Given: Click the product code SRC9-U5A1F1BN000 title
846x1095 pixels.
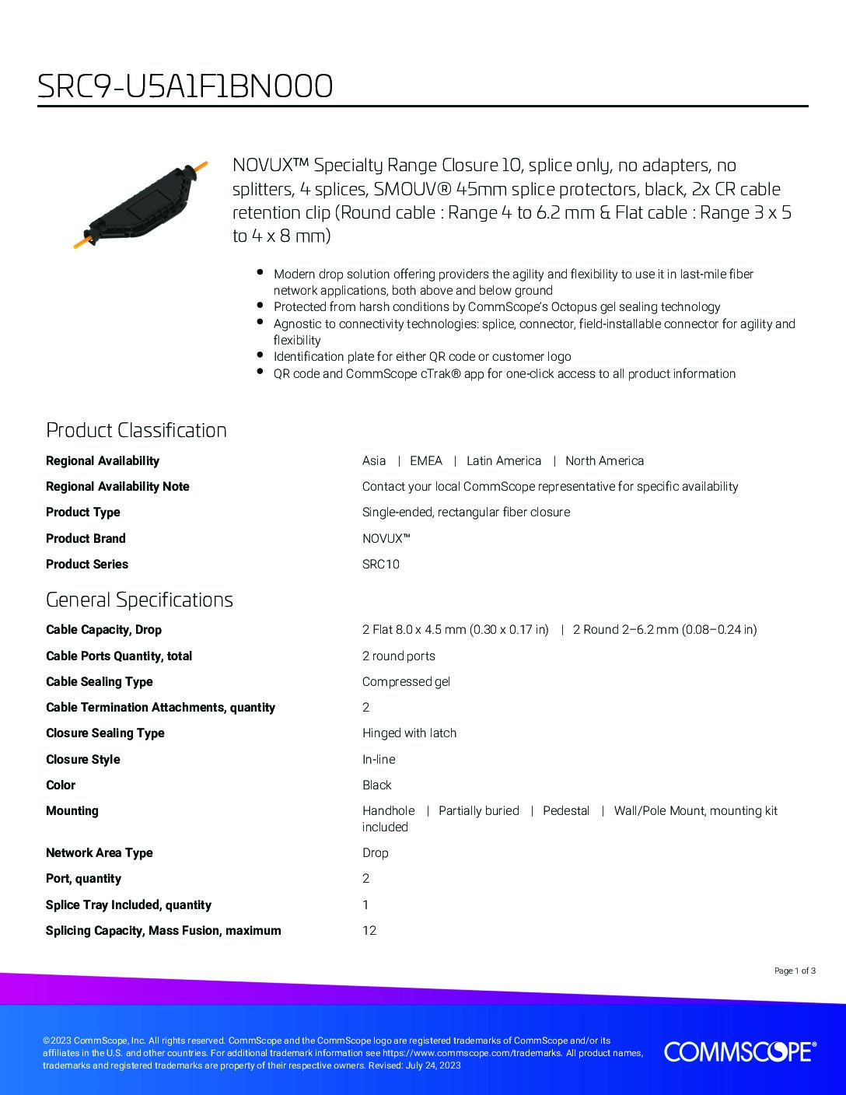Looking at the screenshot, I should coord(185,86).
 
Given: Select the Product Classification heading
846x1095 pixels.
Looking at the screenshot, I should coord(136,430).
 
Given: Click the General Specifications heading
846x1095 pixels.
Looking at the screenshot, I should coord(139,600).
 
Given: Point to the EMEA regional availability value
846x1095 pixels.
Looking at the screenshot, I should coord(425,461).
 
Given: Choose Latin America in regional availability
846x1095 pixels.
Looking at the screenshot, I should coord(503,461).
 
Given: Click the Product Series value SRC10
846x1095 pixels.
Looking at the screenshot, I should coord(380,565).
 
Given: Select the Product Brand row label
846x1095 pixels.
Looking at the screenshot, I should coord(86,538).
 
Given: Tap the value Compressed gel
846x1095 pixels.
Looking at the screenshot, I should coord(406,682).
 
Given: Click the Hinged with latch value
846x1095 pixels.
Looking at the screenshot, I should coord(409,733).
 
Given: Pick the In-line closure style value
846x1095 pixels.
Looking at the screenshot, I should coord(378,760).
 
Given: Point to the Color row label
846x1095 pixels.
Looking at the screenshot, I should coord(61,785).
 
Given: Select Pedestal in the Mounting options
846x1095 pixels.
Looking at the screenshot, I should coord(565,811).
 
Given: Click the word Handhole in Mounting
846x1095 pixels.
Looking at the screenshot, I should coord(388,811).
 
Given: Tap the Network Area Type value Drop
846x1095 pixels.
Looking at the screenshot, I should coord(375,853).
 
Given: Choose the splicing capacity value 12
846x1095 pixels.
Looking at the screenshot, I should coord(369,931).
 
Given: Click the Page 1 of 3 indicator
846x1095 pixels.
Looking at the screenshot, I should coord(795,971).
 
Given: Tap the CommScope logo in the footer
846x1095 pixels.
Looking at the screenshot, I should coord(739,1051).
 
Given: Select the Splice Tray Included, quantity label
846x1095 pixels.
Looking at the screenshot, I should coord(128,905).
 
